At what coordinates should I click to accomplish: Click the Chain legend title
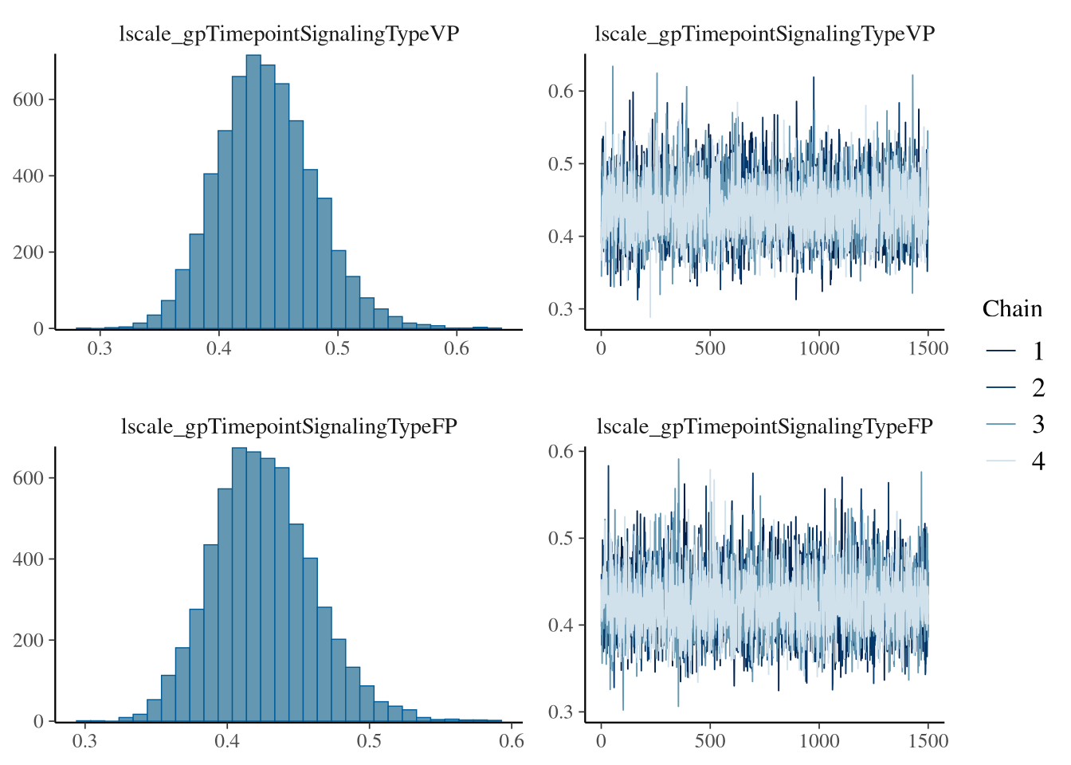[1012, 309]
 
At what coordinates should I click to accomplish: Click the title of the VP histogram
[289, 34]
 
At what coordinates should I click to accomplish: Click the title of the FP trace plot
[765, 426]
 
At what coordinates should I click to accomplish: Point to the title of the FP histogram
[289, 426]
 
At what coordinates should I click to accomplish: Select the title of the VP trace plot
[765, 34]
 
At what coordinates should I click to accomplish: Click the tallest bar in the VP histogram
[253, 191]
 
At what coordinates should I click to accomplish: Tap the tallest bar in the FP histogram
[239, 584]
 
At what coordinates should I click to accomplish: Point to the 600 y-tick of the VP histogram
[28, 100]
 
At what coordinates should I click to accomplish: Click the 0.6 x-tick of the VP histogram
[457, 349]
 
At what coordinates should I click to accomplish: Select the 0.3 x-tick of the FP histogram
[84, 741]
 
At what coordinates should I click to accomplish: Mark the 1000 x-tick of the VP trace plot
[819, 349]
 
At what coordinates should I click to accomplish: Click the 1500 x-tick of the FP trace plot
[928, 741]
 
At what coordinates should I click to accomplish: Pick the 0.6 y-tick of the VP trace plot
[561, 91]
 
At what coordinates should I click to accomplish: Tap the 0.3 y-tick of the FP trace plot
[561, 712]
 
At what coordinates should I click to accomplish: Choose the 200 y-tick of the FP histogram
[28, 640]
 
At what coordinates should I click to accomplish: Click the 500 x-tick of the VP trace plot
[710, 349]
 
